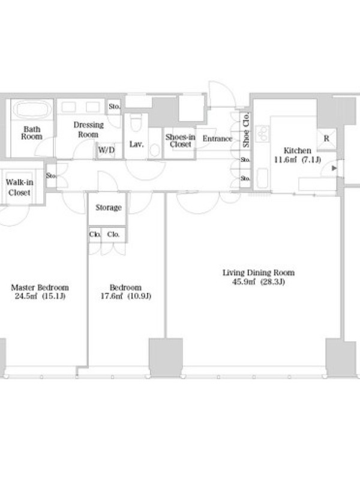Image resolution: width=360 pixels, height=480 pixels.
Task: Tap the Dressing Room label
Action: coord(88,130)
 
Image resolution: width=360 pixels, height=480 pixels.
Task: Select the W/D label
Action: coord(106,150)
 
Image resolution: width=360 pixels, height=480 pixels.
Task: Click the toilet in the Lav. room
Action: coord(136,122)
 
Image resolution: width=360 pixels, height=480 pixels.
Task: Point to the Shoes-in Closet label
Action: coord(180,140)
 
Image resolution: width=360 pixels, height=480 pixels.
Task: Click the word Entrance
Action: coord(217,139)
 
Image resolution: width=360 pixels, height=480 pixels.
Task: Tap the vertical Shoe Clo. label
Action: coord(245,130)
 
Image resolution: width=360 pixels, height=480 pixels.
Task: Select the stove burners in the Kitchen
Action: coord(262,134)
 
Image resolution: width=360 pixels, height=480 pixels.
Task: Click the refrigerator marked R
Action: coord(326,139)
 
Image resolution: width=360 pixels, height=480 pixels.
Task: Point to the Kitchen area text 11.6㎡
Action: coord(286,160)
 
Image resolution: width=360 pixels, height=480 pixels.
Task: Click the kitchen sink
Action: coord(262,178)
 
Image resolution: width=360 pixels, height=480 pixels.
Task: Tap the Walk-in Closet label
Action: coord(19,187)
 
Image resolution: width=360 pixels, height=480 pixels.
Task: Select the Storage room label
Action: coord(109,208)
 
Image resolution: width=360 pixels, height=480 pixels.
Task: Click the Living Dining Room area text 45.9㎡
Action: coord(244,281)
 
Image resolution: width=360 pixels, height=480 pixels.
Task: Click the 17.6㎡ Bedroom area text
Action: coord(112,296)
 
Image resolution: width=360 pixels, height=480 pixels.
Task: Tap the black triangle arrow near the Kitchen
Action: coord(334,168)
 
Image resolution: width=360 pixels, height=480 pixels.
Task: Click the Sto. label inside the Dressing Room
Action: coord(114,107)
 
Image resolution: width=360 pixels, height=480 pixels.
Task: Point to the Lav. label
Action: coord(137,144)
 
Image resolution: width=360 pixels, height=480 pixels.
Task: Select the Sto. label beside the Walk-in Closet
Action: coord(51,176)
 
